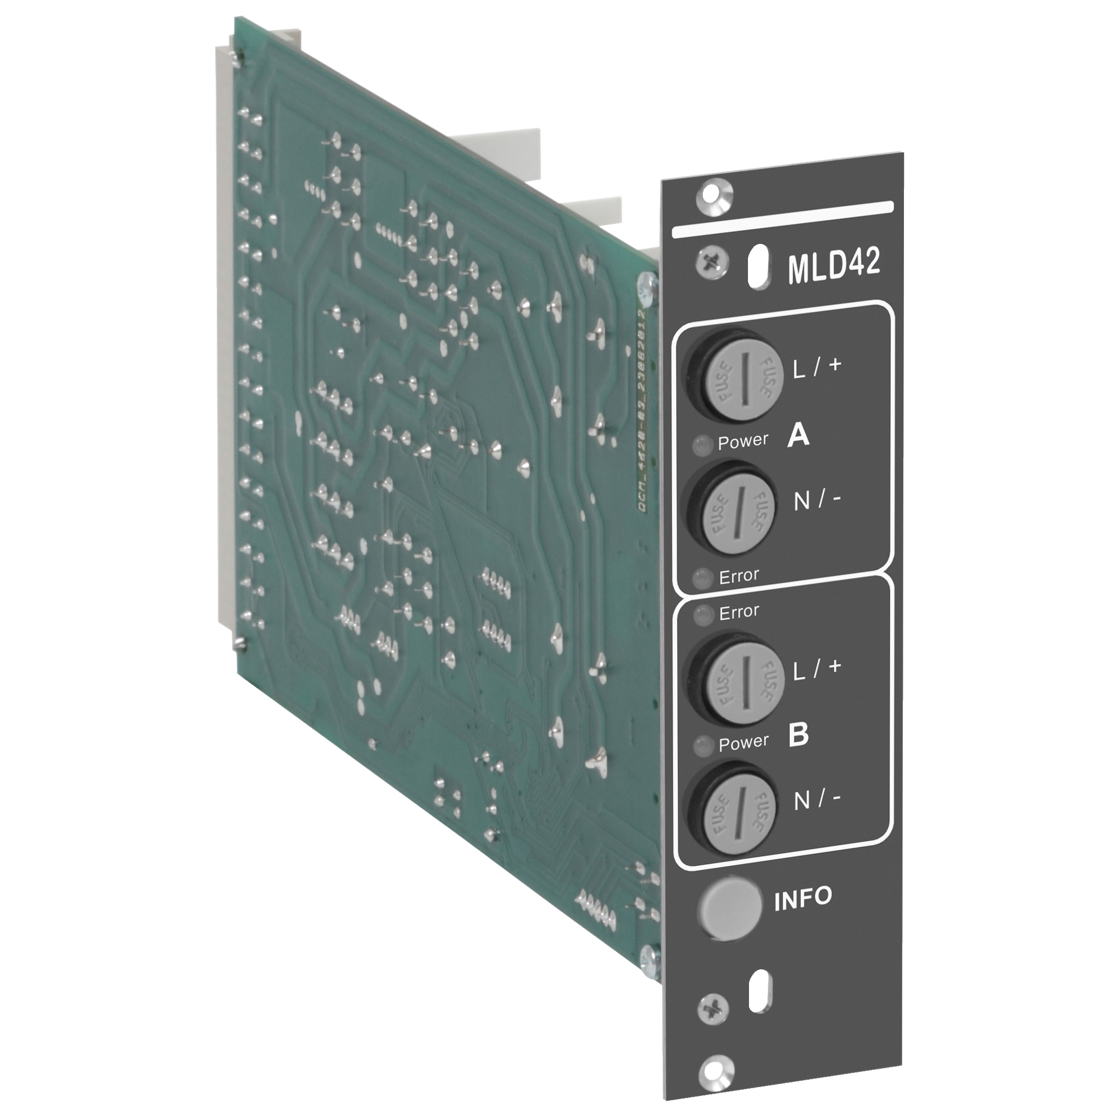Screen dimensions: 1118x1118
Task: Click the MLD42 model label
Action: [833, 264]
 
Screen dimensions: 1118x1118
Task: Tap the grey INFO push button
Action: [730, 908]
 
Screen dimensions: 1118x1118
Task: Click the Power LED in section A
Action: [702, 445]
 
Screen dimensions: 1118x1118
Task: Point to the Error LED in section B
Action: [703, 614]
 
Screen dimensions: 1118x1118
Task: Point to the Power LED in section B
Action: [703, 746]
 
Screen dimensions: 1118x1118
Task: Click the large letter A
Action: [798, 435]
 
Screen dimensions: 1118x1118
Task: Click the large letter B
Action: [798, 734]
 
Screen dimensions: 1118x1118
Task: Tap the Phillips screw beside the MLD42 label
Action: [712, 263]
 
